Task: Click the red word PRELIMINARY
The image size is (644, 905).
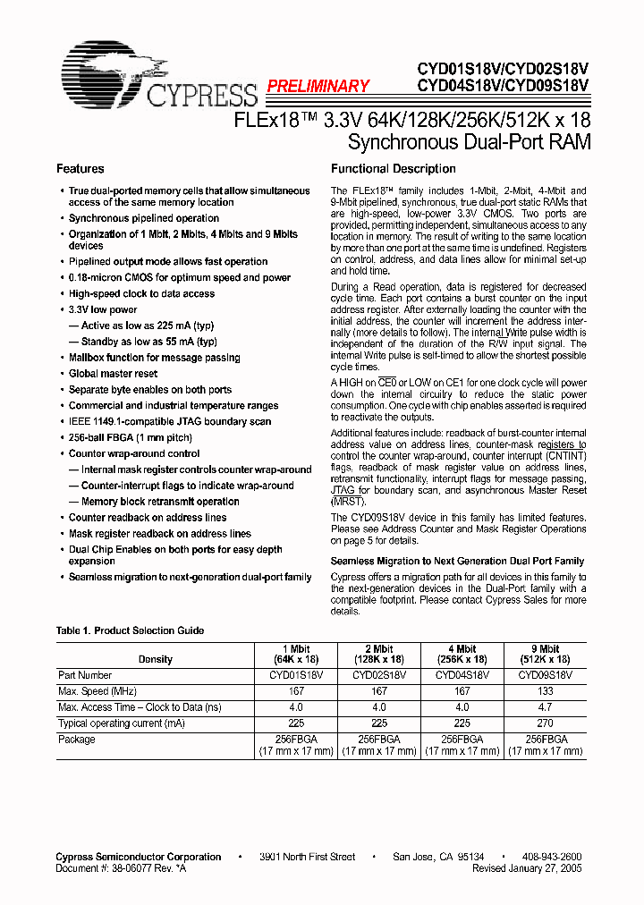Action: [x=318, y=86]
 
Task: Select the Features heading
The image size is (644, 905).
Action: [x=80, y=169]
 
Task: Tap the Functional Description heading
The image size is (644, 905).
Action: [x=393, y=169]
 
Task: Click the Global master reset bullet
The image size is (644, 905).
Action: [x=113, y=374]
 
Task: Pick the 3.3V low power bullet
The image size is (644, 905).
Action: [x=103, y=309]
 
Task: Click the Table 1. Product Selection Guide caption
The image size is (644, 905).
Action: [x=130, y=630]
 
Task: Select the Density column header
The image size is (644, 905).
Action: [x=155, y=659]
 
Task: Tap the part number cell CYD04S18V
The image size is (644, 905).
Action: [x=462, y=675]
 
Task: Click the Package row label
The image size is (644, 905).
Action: [x=76, y=740]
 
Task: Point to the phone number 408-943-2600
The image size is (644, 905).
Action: [x=550, y=857]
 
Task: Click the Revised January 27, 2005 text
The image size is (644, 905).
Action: [x=527, y=868]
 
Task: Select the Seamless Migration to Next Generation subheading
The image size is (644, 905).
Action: [x=457, y=561]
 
